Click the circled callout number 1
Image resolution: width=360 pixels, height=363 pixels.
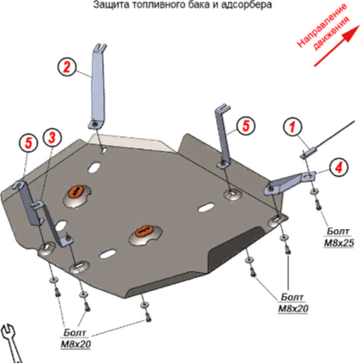click(292, 127)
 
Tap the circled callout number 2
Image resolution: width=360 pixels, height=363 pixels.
click(67, 67)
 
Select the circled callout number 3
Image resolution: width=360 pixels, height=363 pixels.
click(51, 137)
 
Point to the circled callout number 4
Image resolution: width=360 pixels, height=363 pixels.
click(339, 167)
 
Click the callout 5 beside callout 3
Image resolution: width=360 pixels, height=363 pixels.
click(28, 143)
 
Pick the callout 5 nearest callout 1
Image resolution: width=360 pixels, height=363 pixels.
click(246, 125)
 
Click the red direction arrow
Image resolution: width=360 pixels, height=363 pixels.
click(337, 45)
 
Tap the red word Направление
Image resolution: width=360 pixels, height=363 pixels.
click(321, 25)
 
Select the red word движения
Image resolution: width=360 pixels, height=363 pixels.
click(332, 33)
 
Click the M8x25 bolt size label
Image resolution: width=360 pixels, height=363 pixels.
click(339, 243)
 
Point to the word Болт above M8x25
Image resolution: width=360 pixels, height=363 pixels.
click(338, 231)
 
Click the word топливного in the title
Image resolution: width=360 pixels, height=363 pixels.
click(153, 5)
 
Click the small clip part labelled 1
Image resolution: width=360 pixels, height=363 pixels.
click(309, 152)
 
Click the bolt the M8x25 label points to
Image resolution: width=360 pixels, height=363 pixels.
click(318, 204)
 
